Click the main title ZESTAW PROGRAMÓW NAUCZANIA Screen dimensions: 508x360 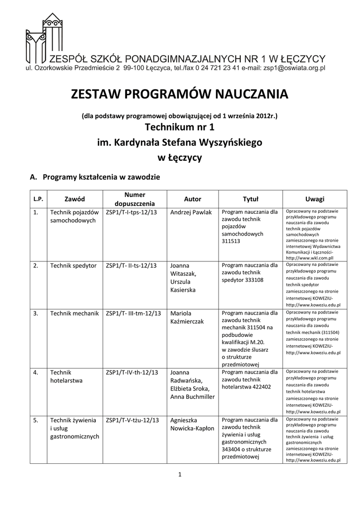point(179,94)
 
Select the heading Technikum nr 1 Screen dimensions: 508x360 point(179,128)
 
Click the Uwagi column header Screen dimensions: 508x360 point(314,199)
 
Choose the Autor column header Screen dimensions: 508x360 point(193,199)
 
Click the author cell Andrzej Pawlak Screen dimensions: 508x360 point(191,212)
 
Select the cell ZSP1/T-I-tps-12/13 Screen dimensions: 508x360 point(133,212)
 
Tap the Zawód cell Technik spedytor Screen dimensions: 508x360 point(73,265)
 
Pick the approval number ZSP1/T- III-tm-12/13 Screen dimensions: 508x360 point(134,314)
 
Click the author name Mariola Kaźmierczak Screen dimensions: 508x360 point(187,317)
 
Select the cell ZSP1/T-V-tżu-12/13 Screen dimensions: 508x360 point(133,420)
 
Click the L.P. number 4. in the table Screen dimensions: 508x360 point(36,373)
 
